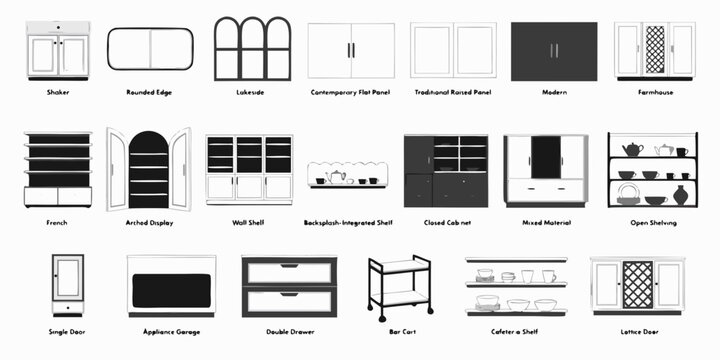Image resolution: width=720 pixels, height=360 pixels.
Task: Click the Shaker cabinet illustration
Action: [58, 51]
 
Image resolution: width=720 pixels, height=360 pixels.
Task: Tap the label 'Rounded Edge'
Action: [149, 92]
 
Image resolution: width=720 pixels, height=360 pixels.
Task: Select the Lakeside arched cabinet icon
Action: [253, 48]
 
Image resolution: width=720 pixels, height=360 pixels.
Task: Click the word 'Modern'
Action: [554, 92]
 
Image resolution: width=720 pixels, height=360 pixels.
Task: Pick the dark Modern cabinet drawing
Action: [554, 51]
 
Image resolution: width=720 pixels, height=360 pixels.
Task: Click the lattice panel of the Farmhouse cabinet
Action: [655, 49]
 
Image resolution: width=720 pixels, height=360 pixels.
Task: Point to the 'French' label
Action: [57, 222]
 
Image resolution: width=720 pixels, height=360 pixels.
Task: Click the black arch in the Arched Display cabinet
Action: [149, 170]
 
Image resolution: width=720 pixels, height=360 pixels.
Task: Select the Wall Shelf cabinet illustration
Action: [249, 169]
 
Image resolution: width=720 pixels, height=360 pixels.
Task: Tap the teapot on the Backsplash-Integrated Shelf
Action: [337, 177]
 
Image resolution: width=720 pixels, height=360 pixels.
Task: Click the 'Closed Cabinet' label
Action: [447, 222]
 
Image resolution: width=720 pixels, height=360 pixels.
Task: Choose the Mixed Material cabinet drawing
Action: [545, 169]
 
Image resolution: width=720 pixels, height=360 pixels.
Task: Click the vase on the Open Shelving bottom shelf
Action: [680, 195]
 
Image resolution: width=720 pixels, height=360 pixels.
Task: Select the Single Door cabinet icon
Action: [67, 285]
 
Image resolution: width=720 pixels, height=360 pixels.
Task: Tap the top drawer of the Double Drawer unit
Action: [289, 271]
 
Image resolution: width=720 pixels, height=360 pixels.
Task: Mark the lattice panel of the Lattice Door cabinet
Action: [637, 284]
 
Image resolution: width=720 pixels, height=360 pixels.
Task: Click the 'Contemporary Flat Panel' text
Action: [351, 92]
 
